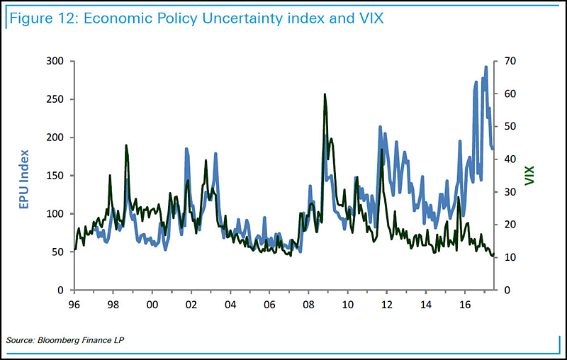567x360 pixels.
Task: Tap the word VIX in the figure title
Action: [367, 18]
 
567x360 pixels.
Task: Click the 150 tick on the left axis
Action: [55, 176]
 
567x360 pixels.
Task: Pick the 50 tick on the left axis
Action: [58, 252]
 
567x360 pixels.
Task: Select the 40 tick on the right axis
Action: [509, 159]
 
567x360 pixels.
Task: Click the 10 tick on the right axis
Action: [509, 258]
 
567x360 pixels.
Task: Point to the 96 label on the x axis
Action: [73, 304]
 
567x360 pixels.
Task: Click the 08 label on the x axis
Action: [308, 304]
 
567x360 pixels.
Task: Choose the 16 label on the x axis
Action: [465, 304]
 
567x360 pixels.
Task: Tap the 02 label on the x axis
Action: [191, 304]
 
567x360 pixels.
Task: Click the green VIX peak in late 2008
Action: [325, 94]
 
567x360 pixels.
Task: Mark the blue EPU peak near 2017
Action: [485, 67]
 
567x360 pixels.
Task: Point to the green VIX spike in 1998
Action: [126, 146]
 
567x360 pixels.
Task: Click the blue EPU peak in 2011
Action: [380, 128]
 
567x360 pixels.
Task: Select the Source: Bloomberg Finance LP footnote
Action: [65, 342]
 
